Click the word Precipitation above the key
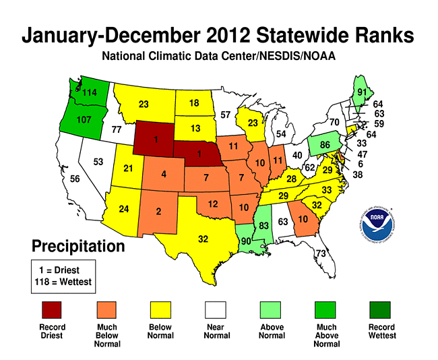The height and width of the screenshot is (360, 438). tap(78, 246)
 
